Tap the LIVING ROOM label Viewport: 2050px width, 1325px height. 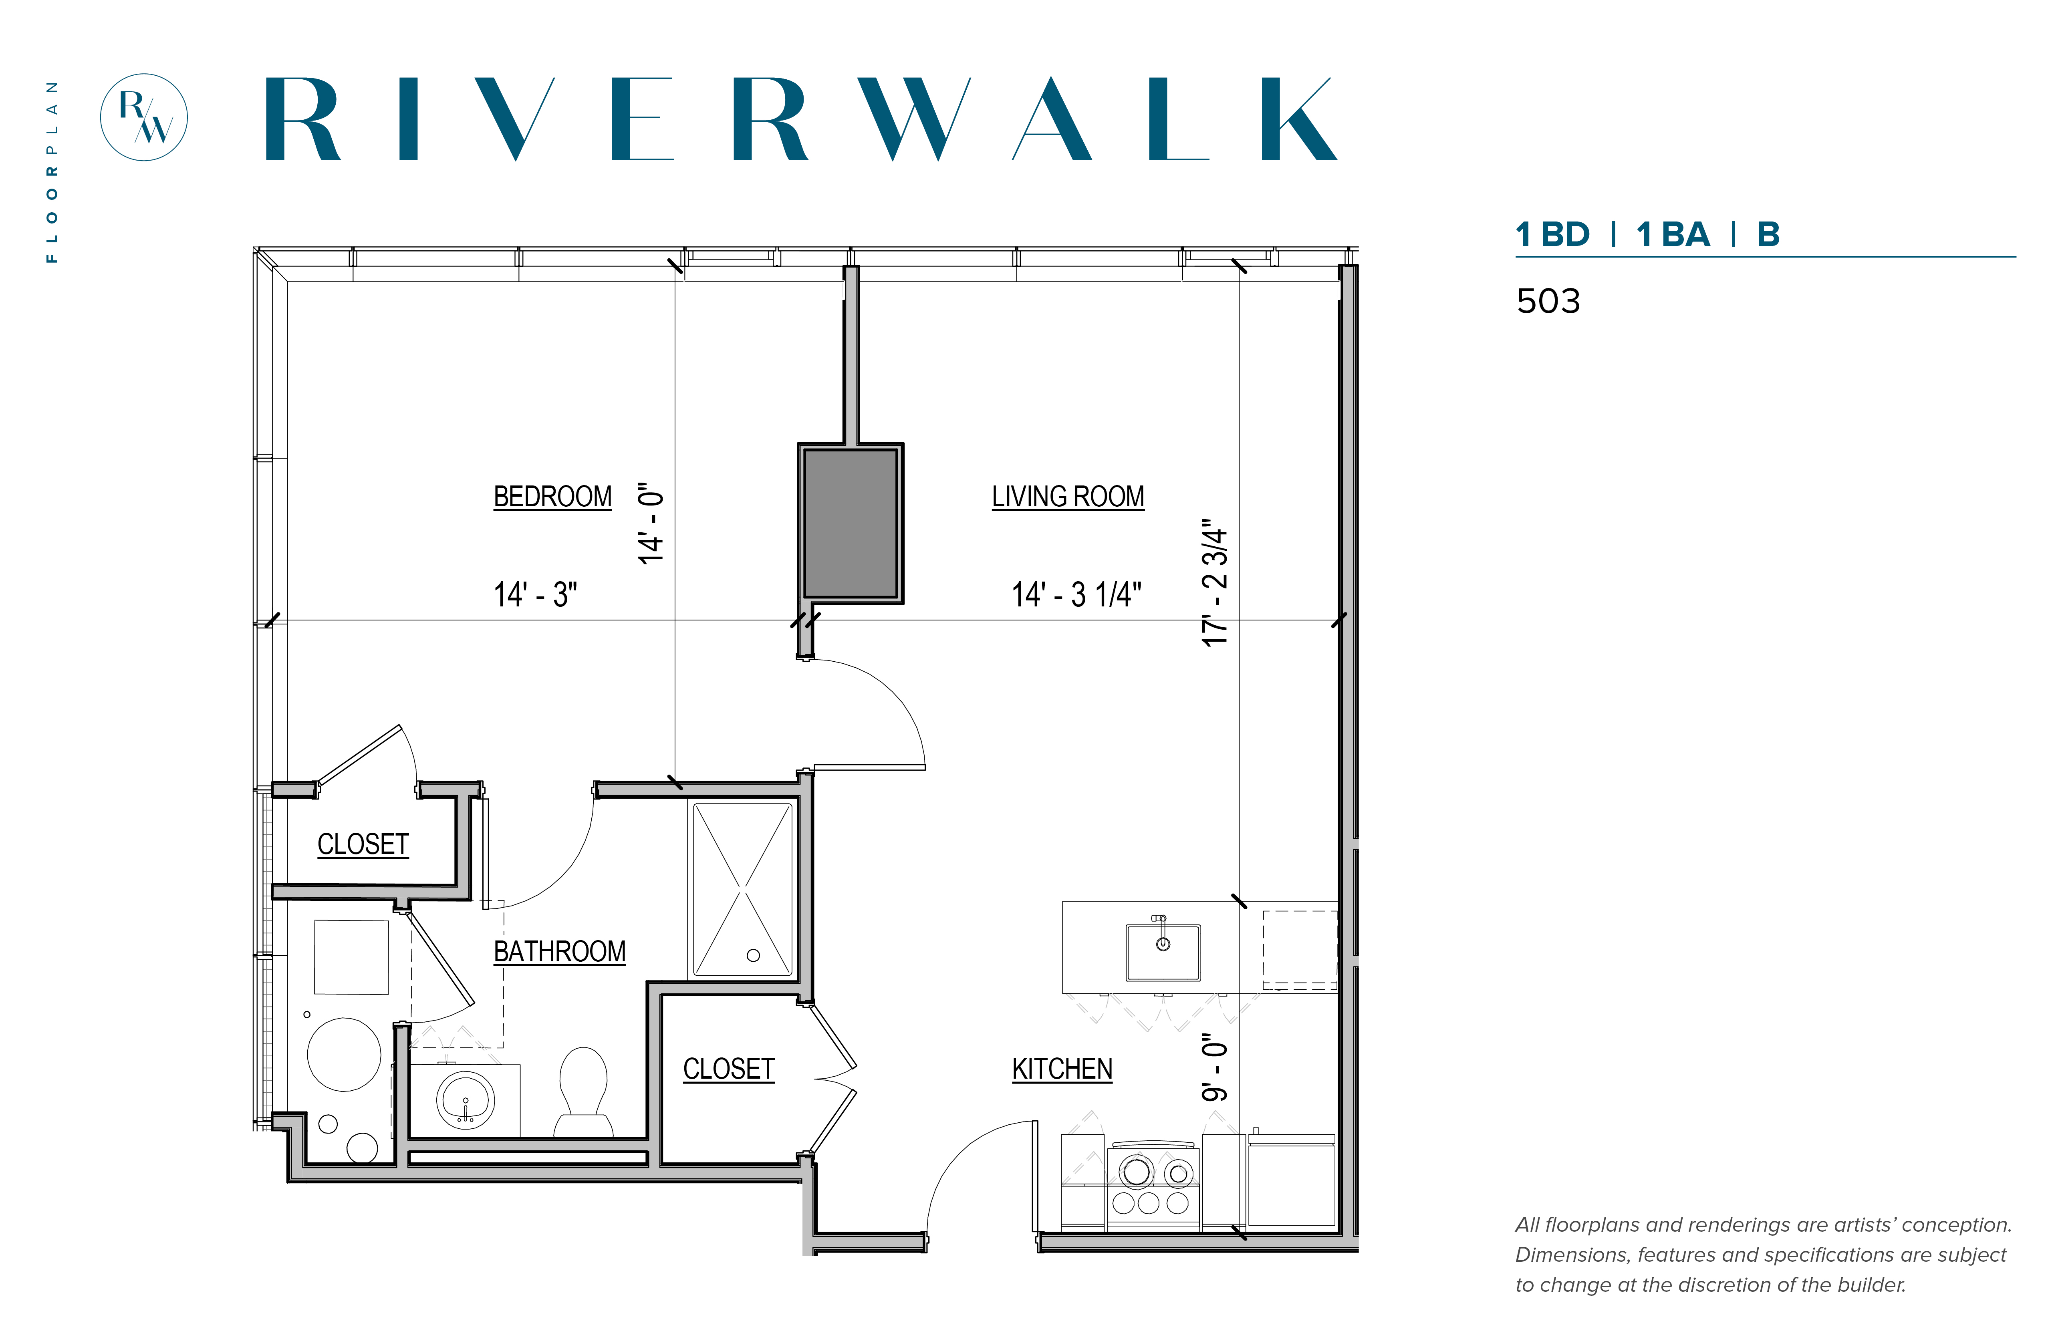pos(1068,496)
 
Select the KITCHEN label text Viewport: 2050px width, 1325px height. pos(1062,1069)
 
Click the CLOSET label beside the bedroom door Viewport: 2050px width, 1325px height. pos(363,844)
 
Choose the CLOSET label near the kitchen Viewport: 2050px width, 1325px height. pos(729,1069)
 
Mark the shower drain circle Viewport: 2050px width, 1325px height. pos(753,955)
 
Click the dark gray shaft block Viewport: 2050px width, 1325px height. pos(850,523)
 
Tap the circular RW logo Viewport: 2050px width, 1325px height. pos(144,117)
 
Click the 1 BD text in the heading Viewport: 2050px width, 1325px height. pos(1552,234)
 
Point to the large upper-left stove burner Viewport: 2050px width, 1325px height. pos(1136,1171)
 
